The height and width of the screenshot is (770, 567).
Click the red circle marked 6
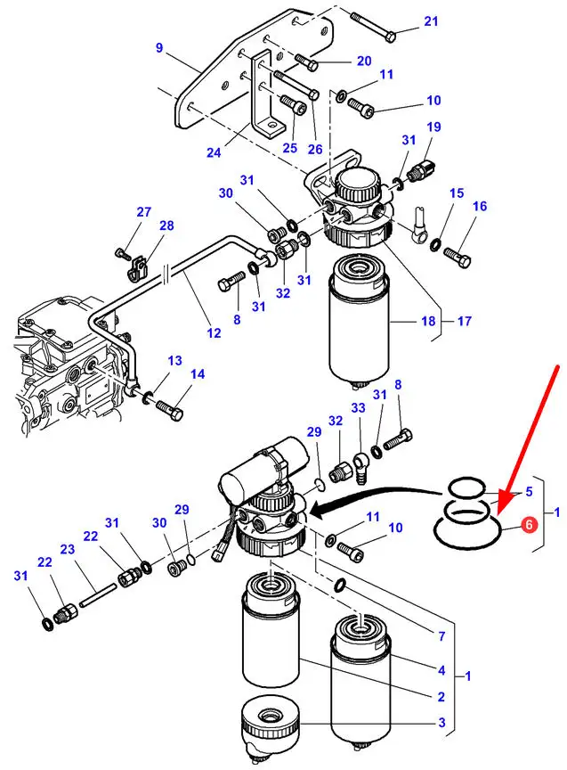click(x=528, y=526)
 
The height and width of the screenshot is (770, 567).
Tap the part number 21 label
click(x=431, y=21)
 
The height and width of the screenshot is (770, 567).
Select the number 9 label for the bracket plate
click(x=159, y=48)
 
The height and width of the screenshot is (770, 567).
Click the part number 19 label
click(x=434, y=127)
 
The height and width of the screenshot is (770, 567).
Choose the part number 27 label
click(x=143, y=212)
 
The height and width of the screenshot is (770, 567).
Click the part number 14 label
click(x=197, y=374)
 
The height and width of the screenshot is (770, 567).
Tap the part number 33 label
click(x=358, y=408)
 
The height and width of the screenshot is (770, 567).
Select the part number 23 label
click(x=67, y=550)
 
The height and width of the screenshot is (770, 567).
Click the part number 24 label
click(x=214, y=152)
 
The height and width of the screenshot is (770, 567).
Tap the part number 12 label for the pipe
click(x=214, y=333)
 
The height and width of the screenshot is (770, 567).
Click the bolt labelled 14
click(x=169, y=410)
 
